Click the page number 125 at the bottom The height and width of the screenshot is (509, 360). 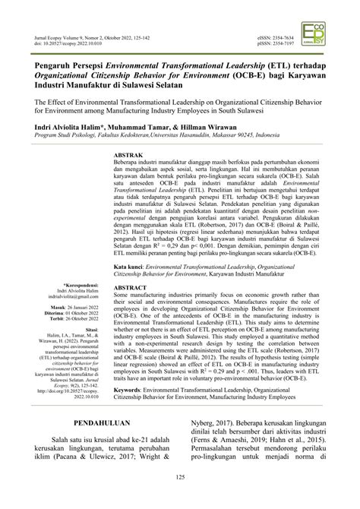click(179, 497)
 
